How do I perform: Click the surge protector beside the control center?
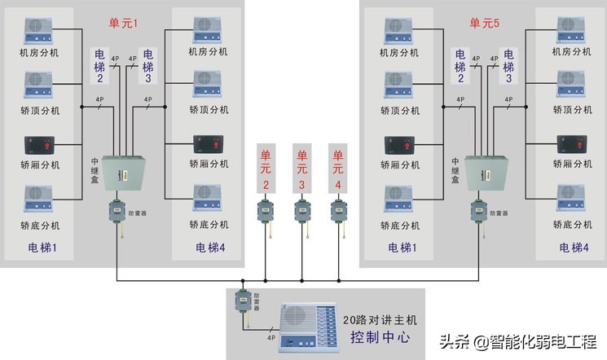pyautogui.click(x=242, y=304)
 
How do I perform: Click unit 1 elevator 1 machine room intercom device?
pyautogui.click(x=39, y=29)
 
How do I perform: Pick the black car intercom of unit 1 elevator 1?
pyautogui.click(x=39, y=147)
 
